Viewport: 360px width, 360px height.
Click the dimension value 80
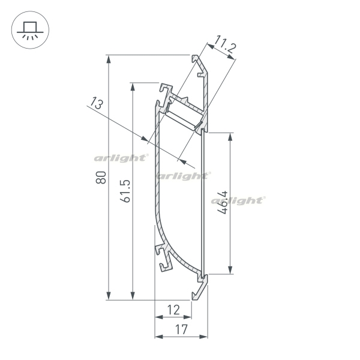(101, 177)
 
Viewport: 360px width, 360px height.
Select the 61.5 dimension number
(125, 191)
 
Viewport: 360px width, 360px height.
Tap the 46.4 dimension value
(222, 202)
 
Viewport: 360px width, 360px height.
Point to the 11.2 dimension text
(225, 45)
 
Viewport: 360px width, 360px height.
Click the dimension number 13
(96, 103)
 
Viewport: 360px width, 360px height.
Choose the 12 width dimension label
(173, 310)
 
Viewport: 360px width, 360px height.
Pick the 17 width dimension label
(181, 329)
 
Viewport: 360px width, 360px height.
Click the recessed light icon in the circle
(30, 30)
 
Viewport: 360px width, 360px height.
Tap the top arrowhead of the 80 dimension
(109, 59)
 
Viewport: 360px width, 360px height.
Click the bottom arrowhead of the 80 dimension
(109, 296)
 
